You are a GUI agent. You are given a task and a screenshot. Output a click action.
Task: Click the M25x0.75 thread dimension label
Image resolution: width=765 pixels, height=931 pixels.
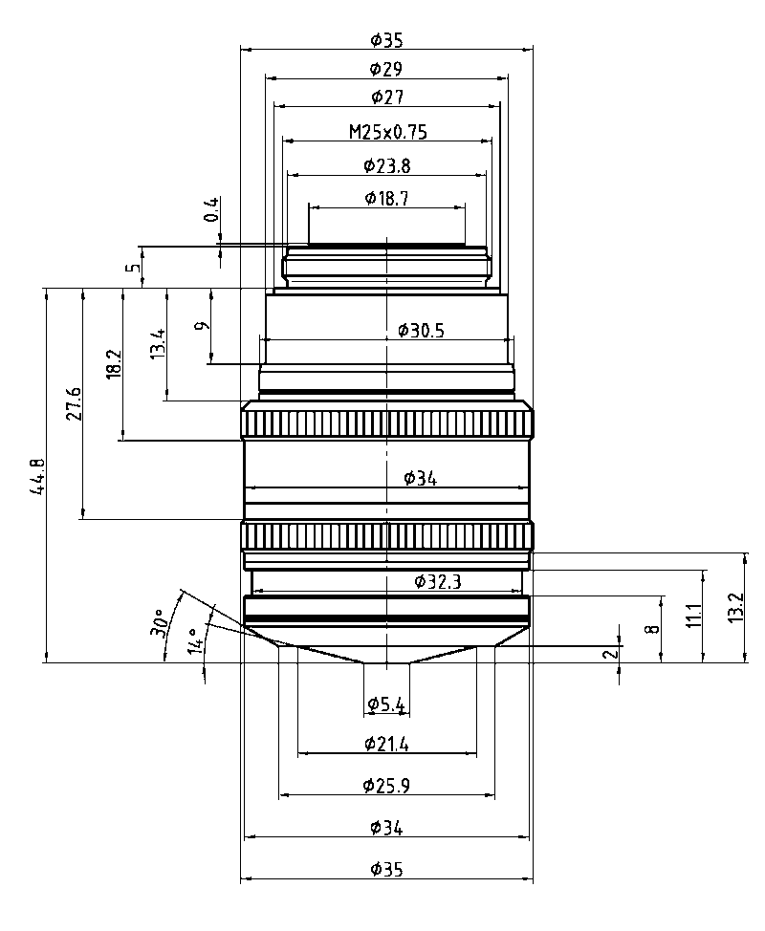[x=386, y=132]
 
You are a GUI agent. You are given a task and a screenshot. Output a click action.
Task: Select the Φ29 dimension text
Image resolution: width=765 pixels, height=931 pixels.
[x=386, y=69]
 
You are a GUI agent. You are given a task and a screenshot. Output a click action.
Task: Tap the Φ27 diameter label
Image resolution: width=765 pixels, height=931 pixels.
[x=386, y=97]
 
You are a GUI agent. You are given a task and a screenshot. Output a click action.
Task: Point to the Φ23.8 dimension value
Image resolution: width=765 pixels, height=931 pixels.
[x=386, y=165]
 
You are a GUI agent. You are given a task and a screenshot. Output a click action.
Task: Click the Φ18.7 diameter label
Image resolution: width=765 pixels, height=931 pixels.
[x=386, y=198]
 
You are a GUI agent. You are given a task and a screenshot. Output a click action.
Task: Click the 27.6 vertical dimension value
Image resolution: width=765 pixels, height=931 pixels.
[x=74, y=404]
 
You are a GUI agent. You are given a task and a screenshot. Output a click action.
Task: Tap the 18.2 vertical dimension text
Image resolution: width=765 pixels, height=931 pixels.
[x=114, y=364]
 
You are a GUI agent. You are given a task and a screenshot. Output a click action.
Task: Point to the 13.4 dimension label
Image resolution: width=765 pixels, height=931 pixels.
[x=158, y=343]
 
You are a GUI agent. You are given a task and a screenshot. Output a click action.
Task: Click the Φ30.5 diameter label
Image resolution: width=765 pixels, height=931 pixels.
[x=422, y=331]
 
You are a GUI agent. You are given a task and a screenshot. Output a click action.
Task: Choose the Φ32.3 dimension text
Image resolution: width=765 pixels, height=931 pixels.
[x=437, y=580]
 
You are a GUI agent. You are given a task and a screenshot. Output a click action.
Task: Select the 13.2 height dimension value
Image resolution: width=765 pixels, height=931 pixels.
[x=734, y=607]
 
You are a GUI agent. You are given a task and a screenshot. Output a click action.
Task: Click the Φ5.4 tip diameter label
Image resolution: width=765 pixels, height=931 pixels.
[x=386, y=705]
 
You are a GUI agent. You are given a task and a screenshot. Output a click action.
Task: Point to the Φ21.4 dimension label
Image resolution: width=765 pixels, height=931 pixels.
[x=386, y=743]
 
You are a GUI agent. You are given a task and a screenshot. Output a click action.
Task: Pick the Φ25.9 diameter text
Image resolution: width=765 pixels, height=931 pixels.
[x=386, y=785]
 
